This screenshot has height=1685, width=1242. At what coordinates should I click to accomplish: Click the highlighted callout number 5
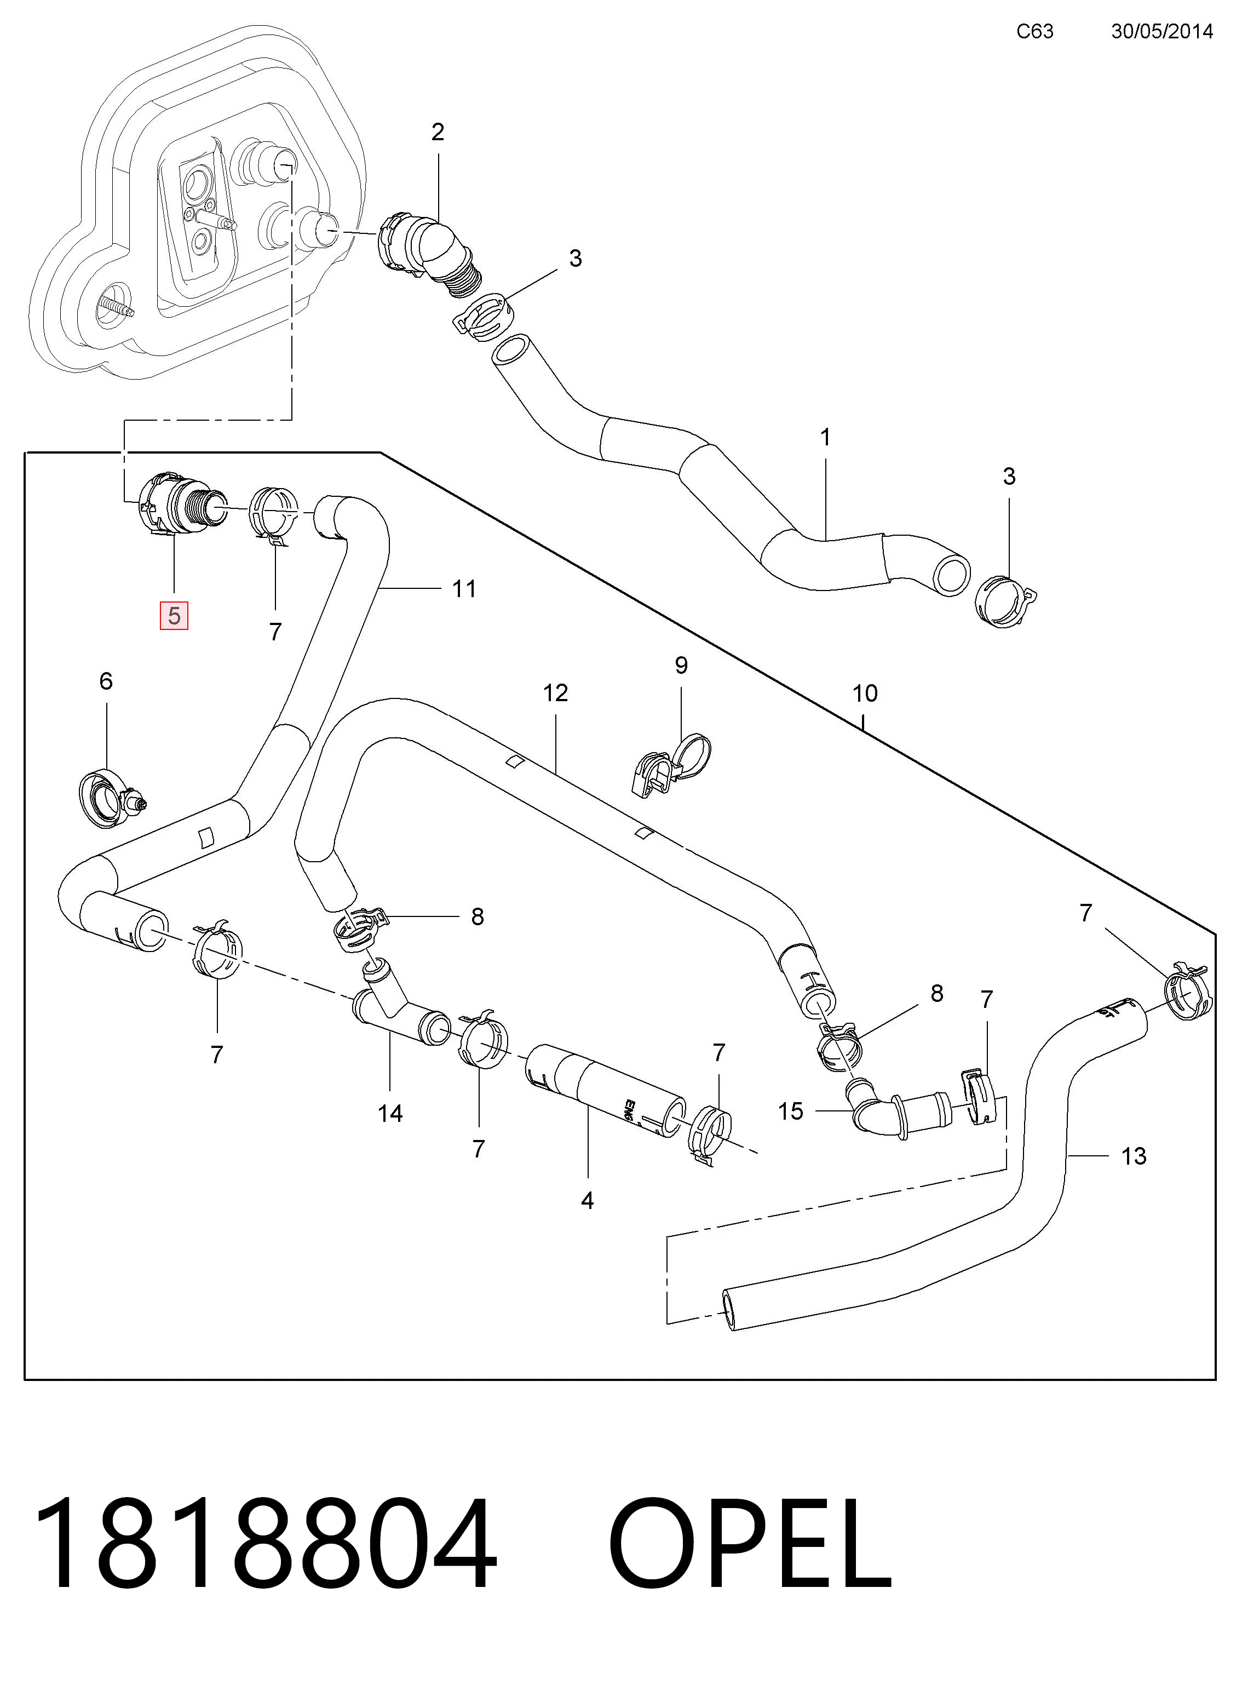[x=174, y=616]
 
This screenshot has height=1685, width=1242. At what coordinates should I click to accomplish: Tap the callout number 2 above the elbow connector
[x=438, y=133]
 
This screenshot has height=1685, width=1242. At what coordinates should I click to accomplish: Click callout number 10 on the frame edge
[x=865, y=694]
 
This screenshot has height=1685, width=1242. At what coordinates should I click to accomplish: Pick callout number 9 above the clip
[x=681, y=666]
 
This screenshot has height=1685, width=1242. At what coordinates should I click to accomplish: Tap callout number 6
[x=106, y=681]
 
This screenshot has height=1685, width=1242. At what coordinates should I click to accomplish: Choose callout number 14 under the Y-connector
[x=390, y=1114]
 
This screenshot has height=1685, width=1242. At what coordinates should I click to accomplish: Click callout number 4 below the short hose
[x=587, y=1201]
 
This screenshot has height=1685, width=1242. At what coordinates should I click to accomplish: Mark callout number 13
[x=1134, y=1156]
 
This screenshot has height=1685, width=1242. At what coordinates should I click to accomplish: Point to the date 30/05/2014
[x=1162, y=31]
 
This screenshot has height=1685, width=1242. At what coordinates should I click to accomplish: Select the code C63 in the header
[x=1035, y=31]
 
